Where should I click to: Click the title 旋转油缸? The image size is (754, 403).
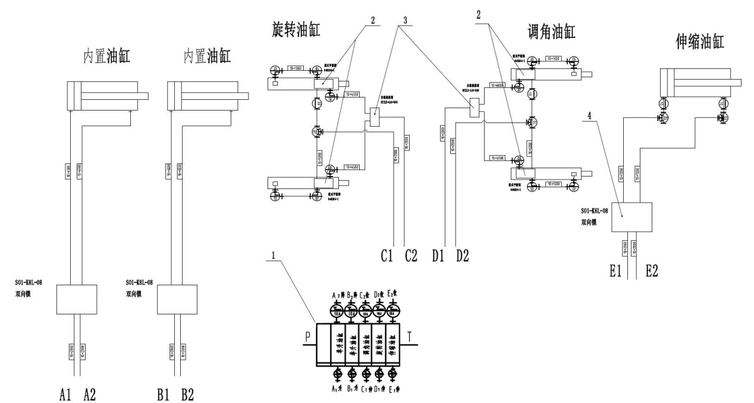[294, 28]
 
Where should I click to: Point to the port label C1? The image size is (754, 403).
[388, 257]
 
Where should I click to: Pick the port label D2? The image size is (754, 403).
[463, 257]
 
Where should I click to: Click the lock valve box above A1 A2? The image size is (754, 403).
[76, 299]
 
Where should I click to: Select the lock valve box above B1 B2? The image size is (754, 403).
[177, 299]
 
